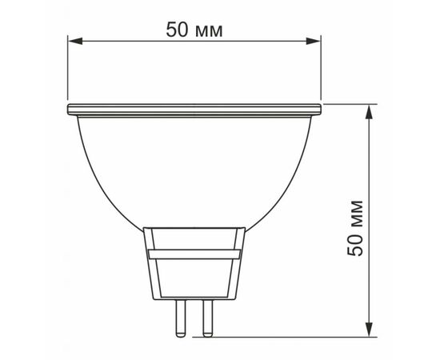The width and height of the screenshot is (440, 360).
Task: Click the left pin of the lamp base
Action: click(180, 318)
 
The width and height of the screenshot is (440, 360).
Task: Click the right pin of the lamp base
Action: click(208, 318)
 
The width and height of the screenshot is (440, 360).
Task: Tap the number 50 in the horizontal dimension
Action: click(177, 30)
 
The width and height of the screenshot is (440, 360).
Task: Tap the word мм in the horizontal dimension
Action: click(209, 31)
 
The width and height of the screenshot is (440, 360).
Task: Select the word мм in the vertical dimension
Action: click(357, 215)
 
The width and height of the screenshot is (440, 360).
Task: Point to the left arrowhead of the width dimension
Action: click(75, 41)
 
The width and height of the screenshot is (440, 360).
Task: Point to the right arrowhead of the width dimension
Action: click(313, 41)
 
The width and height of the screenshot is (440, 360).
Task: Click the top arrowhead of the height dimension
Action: click(370, 111)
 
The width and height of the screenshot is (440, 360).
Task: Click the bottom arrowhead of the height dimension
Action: click(370, 329)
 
